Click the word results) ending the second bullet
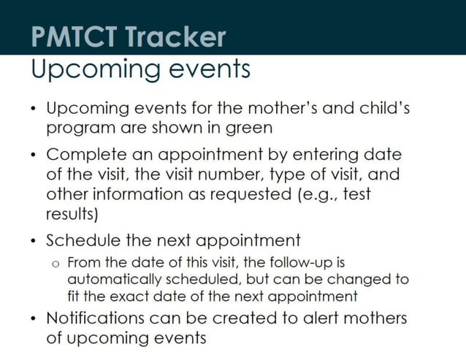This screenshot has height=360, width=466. (72, 215)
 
